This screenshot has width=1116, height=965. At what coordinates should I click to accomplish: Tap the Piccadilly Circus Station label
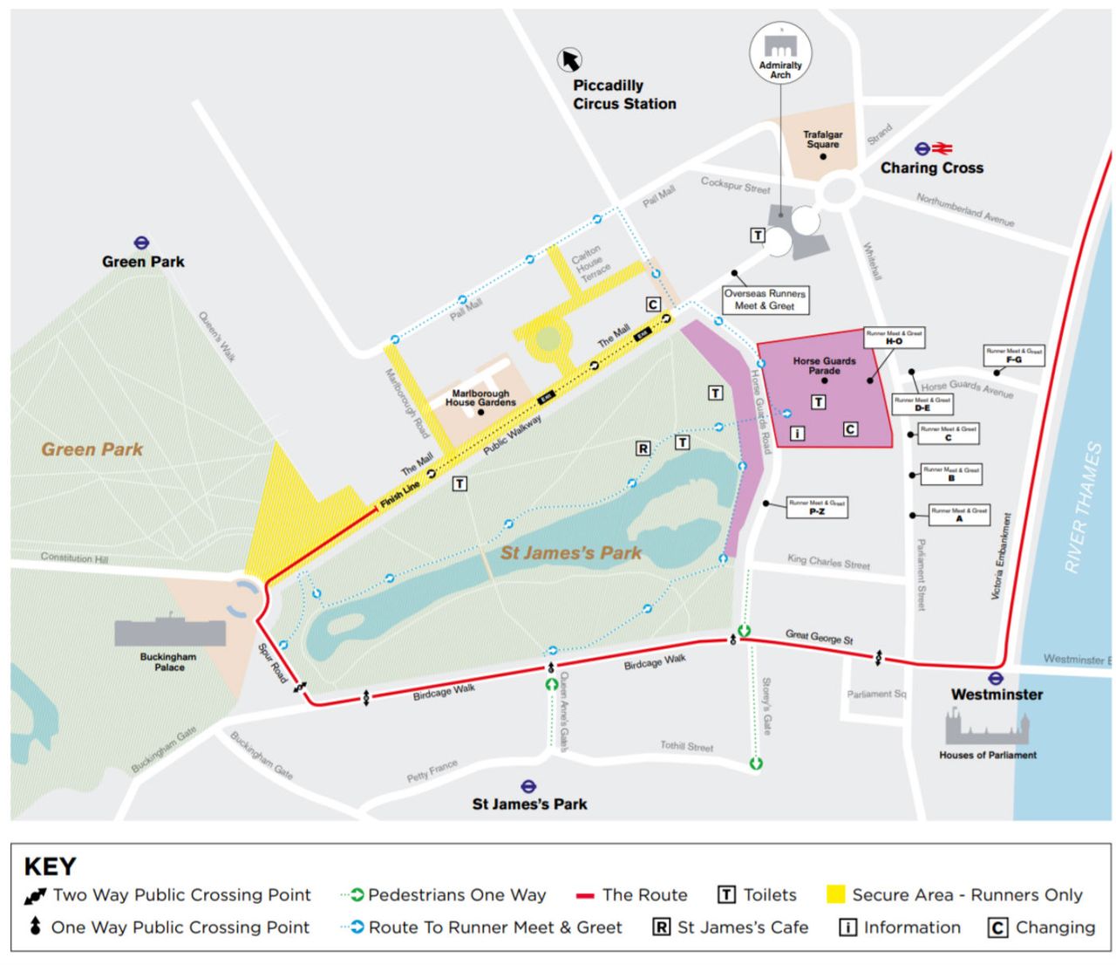click(623, 94)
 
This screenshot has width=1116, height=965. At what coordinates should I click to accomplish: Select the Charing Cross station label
click(931, 168)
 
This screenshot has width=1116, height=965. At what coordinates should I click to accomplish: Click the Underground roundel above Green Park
click(141, 243)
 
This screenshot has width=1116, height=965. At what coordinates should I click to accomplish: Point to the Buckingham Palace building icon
click(169, 632)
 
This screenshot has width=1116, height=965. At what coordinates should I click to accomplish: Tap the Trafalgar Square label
click(822, 140)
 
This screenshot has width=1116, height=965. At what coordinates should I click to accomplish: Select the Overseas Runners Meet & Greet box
click(765, 299)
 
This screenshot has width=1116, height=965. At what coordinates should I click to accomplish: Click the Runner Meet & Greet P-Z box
click(816, 507)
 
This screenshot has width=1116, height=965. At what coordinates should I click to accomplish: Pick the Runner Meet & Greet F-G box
click(1013, 355)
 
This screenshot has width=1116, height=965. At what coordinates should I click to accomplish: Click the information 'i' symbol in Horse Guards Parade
click(796, 433)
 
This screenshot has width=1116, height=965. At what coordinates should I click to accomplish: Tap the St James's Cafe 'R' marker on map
click(643, 448)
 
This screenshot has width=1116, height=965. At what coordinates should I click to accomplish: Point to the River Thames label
click(1082, 508)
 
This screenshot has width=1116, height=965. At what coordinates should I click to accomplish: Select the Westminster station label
click(997, 695)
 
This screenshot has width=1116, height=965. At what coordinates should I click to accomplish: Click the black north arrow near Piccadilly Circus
click(570, 59)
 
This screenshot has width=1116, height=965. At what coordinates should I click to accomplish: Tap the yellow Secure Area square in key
click(835, 894)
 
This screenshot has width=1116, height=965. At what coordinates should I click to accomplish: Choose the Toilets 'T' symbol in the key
click(726, 894)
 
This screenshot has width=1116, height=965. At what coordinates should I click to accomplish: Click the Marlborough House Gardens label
click(480, 398)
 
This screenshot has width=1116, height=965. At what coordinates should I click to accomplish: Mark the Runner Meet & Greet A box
click(958, 515)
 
